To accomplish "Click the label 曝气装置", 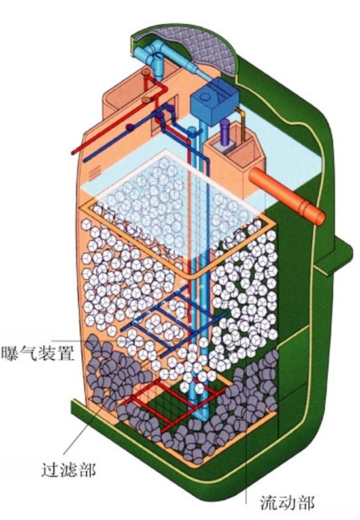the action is (x=37, y=354).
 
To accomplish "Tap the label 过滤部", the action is (x=69, y=470).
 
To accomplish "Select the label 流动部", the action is (x=287, y=502).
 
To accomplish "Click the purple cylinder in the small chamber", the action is (x=225, y=132).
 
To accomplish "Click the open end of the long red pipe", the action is (x=73, y=152).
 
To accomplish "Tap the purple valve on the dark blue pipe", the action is (x=130, y=127).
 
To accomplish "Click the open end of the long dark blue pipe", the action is (x=86, y=160).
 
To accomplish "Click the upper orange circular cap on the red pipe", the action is (x=145, y=72).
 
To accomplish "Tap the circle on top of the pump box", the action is (x=205, y=97).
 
